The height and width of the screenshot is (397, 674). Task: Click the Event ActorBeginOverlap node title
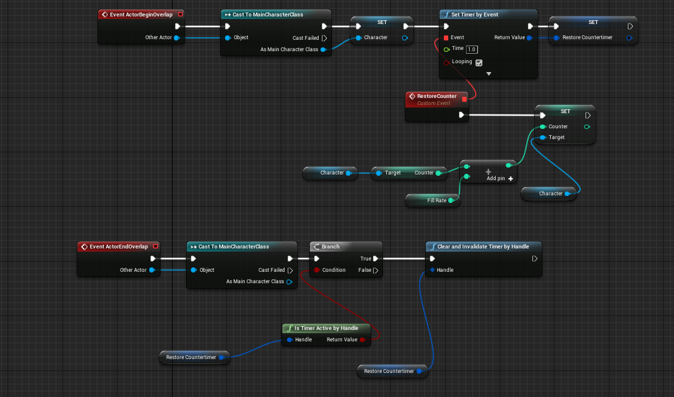click(145, 14)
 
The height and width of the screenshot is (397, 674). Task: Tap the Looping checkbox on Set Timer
click(479, 63)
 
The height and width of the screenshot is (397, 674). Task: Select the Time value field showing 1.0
click(472, 49)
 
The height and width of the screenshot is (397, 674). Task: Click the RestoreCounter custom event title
click(436, 96)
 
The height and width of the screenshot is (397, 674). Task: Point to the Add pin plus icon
click(511, 179)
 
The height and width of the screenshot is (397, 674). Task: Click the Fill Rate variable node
click(437, 200)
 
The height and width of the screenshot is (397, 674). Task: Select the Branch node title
click(331, 247)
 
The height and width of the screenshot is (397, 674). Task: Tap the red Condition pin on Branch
click(316, 270)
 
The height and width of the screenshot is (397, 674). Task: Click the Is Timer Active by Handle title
click(326, 328)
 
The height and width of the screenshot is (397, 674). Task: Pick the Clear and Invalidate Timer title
click(483, 247)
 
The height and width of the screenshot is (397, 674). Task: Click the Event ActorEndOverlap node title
click(123, 247)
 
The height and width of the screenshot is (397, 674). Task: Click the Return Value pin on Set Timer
click(529, 37)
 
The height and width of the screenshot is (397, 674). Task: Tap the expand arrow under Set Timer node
click(488, 74)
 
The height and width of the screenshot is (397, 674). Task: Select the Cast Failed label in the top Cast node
click(305, 38)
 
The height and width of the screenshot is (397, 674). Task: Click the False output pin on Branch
click(375, 270)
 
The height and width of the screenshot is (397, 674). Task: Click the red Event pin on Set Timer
click(446, 37)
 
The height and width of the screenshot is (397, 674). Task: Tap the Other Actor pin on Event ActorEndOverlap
click(152, 270)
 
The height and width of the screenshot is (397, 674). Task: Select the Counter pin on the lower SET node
click(542, 126)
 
